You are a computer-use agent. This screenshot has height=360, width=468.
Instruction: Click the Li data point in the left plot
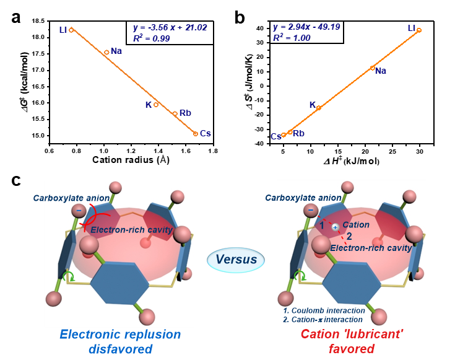(x=71, y=30)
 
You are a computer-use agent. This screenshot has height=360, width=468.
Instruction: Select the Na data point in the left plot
(x=106, y=52)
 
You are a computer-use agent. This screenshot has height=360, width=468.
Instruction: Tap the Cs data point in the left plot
(x=195, y=133)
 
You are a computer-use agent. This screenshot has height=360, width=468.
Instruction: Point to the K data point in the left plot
(x=156, y=105)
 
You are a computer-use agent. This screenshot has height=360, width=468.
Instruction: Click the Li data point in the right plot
(x=419, y=30)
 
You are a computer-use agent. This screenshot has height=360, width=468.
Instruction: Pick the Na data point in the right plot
(x=372, y=68)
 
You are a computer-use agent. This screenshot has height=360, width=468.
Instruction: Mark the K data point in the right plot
(x=319, y=108)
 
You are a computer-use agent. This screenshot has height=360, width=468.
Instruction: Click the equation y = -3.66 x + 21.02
(x=170, y=28)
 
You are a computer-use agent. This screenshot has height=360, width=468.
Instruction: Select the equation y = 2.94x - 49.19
(x=306, y=27)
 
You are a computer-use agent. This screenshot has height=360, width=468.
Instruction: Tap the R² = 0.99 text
(x=151, y=38)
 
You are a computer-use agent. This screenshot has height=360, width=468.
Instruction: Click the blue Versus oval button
(x=236, y=260)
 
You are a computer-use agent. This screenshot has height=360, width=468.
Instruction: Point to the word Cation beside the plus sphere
(x=356, y=225)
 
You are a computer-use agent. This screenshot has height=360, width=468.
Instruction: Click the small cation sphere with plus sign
(x=335, y=227)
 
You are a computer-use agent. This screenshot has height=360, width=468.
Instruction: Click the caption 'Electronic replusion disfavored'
(x=119, y=341)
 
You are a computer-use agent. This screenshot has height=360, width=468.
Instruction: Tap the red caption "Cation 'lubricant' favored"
(x=351, y=341)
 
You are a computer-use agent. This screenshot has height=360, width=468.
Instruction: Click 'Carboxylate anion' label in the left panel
(x=71, y=198)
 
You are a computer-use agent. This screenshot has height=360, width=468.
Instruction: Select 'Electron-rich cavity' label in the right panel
(x=371, y=248)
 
